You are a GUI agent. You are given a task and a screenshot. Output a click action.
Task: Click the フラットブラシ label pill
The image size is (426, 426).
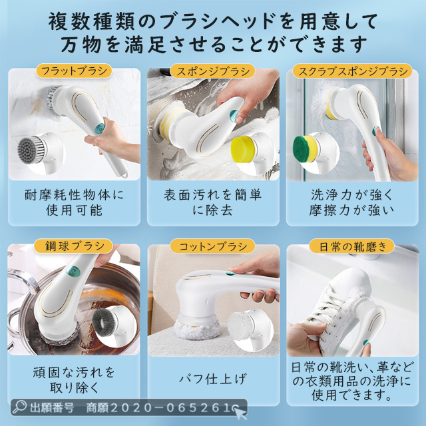click(x=74, y=71)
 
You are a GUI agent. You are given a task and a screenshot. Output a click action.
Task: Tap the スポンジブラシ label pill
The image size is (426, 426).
click(x=213, y=71)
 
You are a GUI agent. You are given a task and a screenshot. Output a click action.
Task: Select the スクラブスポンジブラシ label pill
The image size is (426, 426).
click(x=352, y=71)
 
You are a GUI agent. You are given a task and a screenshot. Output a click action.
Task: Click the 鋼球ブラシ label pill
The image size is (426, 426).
click(x=73, y=246)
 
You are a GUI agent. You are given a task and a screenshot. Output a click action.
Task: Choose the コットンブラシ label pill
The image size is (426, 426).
click(x=213, y=246)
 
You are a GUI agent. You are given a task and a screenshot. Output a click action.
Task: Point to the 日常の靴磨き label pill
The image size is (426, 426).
click(x=352, y=246)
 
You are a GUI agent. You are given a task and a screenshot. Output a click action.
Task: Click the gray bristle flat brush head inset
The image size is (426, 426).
click(x=31, y=150)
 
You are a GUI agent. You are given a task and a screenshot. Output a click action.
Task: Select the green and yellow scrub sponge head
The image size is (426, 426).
click(x=305, y=149)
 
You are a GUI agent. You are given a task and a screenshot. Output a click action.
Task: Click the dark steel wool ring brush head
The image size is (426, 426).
click(x=104, y=322)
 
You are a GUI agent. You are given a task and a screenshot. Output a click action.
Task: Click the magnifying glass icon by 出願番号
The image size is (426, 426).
click(x=19, y=407)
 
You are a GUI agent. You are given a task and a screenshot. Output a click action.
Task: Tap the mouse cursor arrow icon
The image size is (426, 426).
click(x=240, y=413)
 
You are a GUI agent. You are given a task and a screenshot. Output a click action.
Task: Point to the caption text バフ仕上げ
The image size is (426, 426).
click(x=213, y=379)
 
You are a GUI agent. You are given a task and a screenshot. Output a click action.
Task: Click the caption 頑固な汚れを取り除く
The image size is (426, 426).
click(x=74, y=379)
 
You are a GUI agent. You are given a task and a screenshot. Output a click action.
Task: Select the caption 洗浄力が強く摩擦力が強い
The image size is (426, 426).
click(x=352, y=202)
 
